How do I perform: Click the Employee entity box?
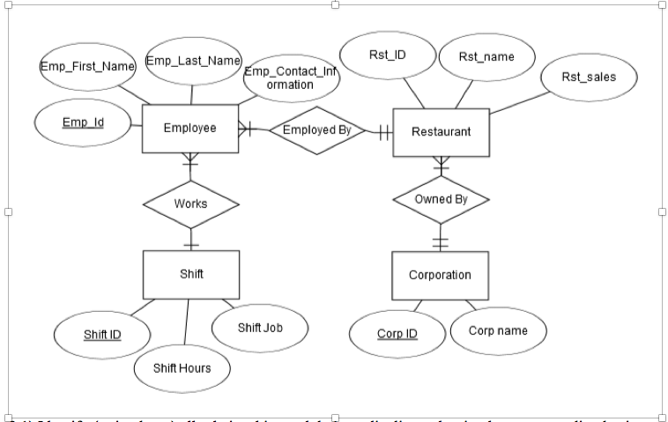pos(189,129)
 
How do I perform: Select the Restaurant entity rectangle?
pos(441,132)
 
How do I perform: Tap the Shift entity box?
pos(190,274)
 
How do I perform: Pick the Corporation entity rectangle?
pos(440,275)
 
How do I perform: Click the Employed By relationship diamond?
pos(316,130)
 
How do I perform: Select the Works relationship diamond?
pos(190,203)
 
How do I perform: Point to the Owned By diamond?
pos(441,199)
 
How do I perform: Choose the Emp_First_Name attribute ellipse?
pos(86,66)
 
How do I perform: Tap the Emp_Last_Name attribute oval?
pos(192,61)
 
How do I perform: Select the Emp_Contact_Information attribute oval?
pos(290,79)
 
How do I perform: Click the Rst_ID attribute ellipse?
pos(387,55)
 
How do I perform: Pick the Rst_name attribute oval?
pos(486,57)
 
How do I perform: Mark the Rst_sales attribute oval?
pos(588,78)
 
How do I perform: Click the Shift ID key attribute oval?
pos(102,335)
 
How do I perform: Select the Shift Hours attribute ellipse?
pos(182,367)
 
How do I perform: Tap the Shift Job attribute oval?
pos(260,327)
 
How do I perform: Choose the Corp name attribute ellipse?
pos(499,331)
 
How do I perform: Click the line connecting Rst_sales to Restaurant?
pos(520,102)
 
